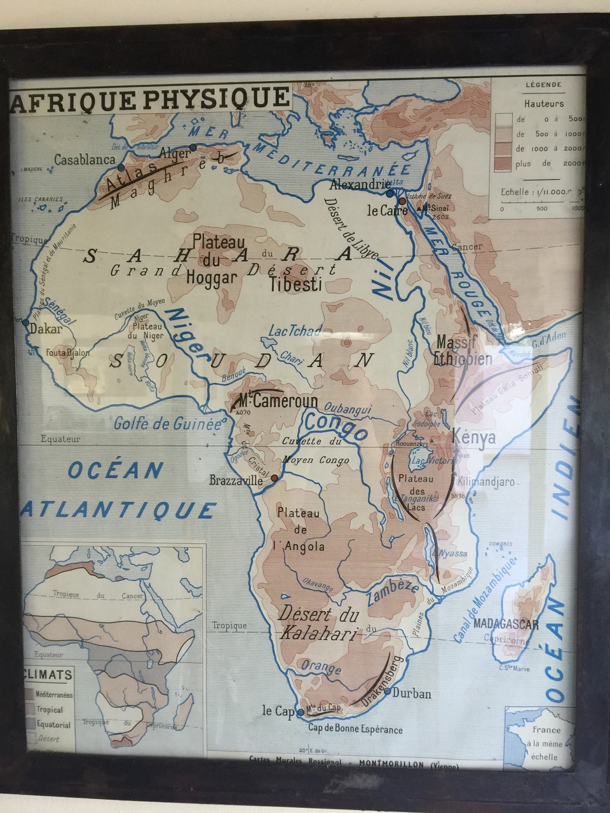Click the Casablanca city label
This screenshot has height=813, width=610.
[x=85, y=160]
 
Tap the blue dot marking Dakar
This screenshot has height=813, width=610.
[x=25, y=323]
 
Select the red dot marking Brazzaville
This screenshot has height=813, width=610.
[x=274, y=478]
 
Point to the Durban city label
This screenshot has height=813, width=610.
[x=412, y=694]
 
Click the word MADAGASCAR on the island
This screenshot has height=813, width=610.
[x=506, y=624]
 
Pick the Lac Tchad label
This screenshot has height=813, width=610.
[x=295, y=331]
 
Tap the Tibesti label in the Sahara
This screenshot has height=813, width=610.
[x=295, y=284]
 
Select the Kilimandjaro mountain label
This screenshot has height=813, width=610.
[x=485, y=482]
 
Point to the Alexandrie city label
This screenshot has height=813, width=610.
[x=360, y=185]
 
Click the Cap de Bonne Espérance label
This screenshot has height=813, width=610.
[x=355, y=729]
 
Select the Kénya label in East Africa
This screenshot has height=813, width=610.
[x=474, y=438]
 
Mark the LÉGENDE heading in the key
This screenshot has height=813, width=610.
[x=543, y=84]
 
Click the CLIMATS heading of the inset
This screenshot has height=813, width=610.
[x=48, y=675]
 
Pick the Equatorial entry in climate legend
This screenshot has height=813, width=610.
[x=53, y=725]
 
